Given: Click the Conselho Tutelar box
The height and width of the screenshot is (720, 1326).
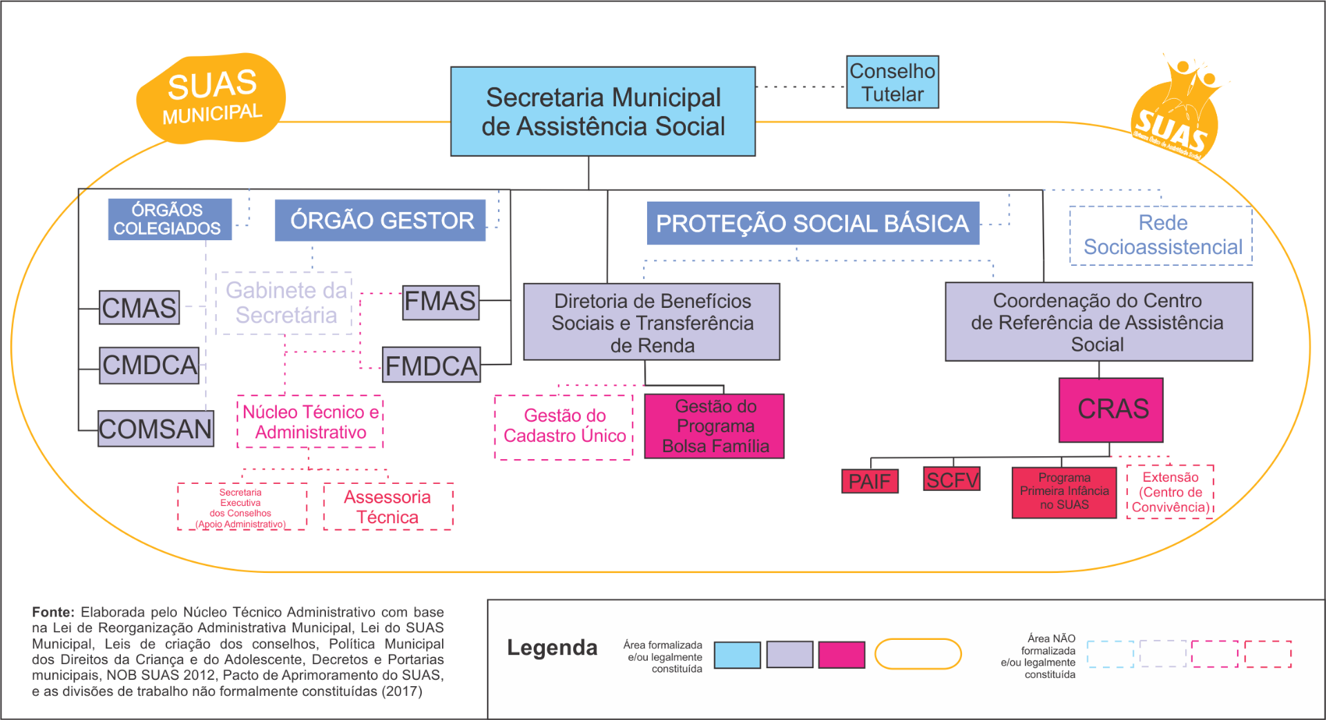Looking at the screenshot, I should [892, 82].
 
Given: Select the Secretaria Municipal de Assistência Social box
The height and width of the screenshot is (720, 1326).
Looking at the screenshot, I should [602, 112].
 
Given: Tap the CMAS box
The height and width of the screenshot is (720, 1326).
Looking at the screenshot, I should [139, 308].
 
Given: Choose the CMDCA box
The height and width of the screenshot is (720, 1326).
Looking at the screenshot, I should [149, 365].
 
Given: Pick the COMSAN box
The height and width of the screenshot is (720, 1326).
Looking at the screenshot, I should [155, 429].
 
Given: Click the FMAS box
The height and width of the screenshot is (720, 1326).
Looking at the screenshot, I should [441, 302].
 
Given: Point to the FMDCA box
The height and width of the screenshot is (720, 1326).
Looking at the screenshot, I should [431, 365].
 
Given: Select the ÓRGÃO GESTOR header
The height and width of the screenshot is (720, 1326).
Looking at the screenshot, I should [380, 220].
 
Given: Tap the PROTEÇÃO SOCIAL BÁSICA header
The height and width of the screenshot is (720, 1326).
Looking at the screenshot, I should [812, 224].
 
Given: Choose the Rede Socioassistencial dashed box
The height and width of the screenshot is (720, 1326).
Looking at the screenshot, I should [1161, 235].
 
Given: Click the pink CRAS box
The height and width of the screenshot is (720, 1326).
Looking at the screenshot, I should [1111, 410].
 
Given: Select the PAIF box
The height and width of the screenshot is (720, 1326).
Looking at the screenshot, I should [869, 481].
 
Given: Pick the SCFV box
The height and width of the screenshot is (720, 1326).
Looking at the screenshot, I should [952, 479].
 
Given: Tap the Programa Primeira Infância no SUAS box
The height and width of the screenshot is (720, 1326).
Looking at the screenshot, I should [1064, 492].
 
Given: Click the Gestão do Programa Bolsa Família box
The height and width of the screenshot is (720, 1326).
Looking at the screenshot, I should [714, 426].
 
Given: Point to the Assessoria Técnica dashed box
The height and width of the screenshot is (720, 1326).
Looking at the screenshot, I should [388, 507].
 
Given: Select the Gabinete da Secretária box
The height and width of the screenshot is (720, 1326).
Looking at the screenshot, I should [285, 303].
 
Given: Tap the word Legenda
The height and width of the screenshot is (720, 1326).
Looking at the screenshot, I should [552, 648].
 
